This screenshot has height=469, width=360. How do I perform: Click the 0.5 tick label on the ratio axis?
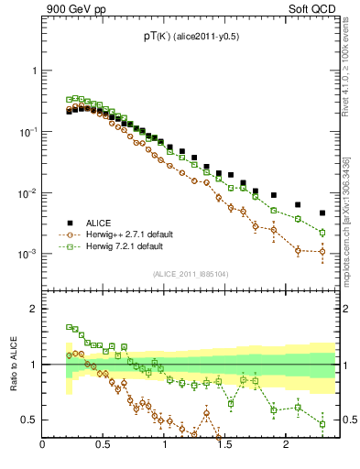[x=29, y=420]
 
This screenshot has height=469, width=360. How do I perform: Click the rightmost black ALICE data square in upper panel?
[x=322, y=213]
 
